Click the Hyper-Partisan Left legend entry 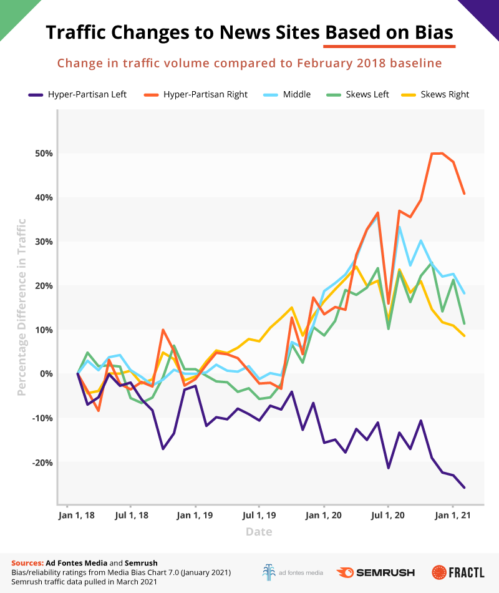pyautogui.click(x=77, y=94)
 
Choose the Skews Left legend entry pyautogui.click(x=359, y=94)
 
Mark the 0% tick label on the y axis pyautogui.click(x=43, y=374)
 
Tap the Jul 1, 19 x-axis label pyautogui.click(x=259, y=516)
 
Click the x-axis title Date pyautogui.click(x=258, y=532)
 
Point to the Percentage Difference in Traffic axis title pyautogui.click(x=22, y=307)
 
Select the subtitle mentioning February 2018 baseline pyautogui.click(x=249, y=63)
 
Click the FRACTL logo pyautogui.click(x=458, y=572)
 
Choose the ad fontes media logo pyautogui.click(x=292, y=572)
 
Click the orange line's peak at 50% pyautogui.click(x=437, y=153)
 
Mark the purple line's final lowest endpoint pyautogui.click(x=464, y=488)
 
